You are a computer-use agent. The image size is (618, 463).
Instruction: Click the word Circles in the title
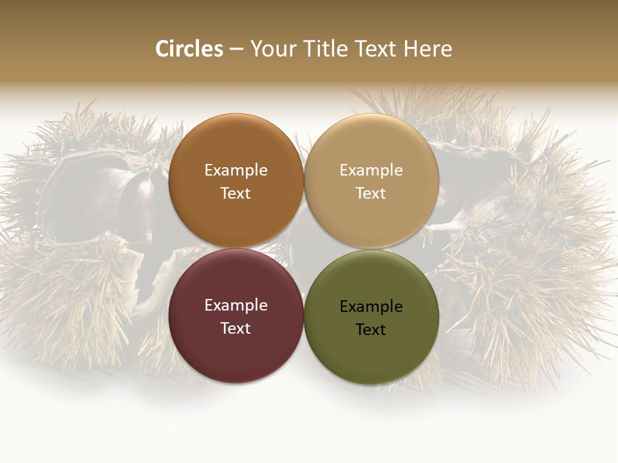(x=189, y=49)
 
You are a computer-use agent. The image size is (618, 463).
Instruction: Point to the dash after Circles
(x=236, y=50)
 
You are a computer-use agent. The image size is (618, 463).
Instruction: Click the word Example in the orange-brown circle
(x=236, y=170)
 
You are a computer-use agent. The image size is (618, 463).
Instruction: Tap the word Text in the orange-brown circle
(x=236, y=194)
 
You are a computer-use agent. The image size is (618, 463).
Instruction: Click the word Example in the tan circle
(x=371, y=170)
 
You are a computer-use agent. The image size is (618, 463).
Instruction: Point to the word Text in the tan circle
(x=371, y=194)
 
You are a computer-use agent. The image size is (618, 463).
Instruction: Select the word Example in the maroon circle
(x=236, y=305)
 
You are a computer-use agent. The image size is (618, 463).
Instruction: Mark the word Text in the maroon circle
(x=236, y=329)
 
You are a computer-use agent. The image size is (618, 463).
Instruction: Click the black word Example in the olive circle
(x=371, y=307)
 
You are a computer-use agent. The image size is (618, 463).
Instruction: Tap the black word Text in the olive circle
(x=371, y=330)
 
